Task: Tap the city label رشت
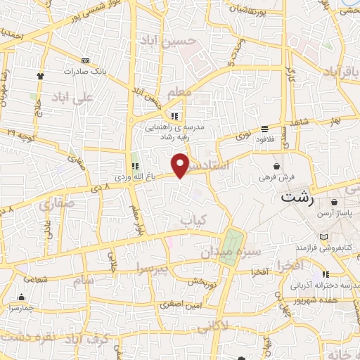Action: (x=296, y=198)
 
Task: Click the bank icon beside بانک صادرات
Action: (x=86, y=60)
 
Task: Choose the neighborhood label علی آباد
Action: (x=72, y=98)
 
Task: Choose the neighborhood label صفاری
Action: (x=56, y=206)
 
